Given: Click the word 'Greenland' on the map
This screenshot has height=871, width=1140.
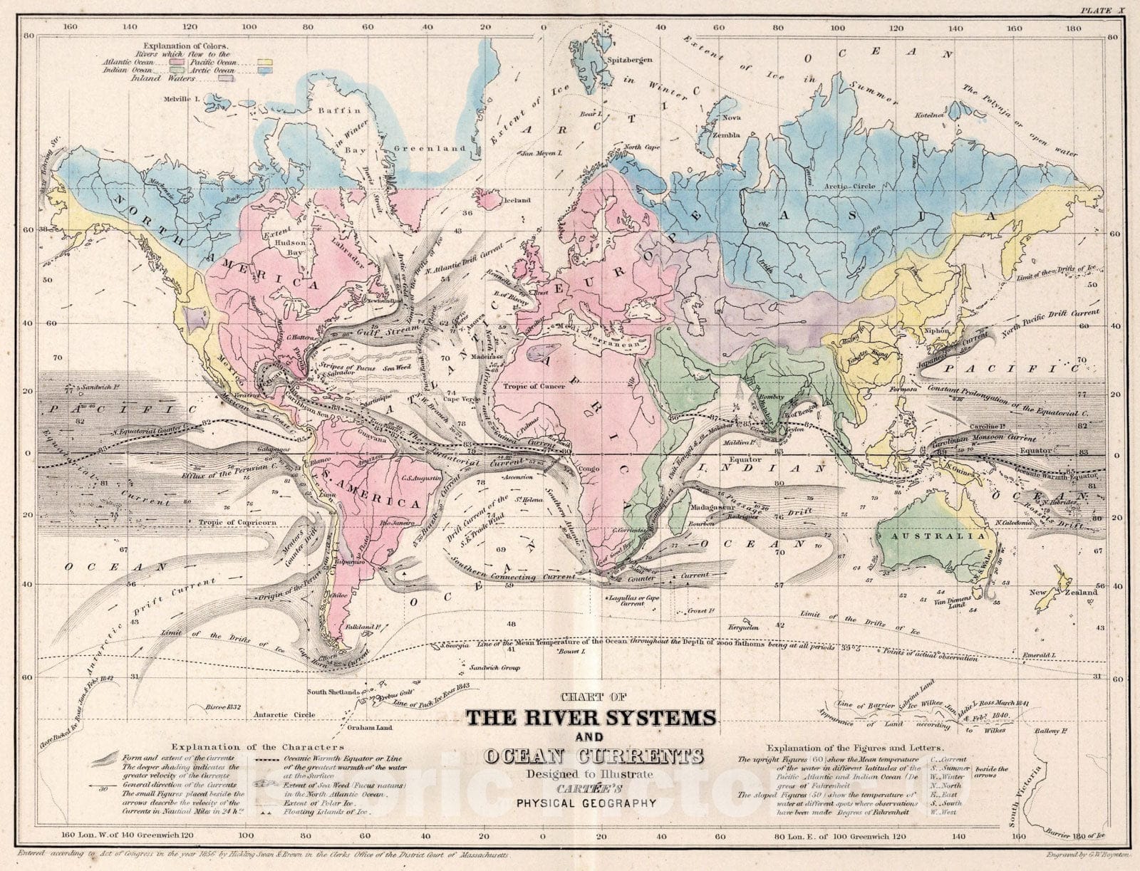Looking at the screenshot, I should click(440, 149).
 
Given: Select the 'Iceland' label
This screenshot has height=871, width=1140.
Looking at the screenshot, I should click(517, 201).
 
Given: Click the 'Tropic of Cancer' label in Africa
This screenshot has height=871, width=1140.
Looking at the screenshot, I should click(534, 387).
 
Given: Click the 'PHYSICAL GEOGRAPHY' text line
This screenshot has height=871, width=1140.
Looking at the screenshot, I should click(586, 803).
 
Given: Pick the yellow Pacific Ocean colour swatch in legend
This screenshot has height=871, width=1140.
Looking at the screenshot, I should click(267, 63).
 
